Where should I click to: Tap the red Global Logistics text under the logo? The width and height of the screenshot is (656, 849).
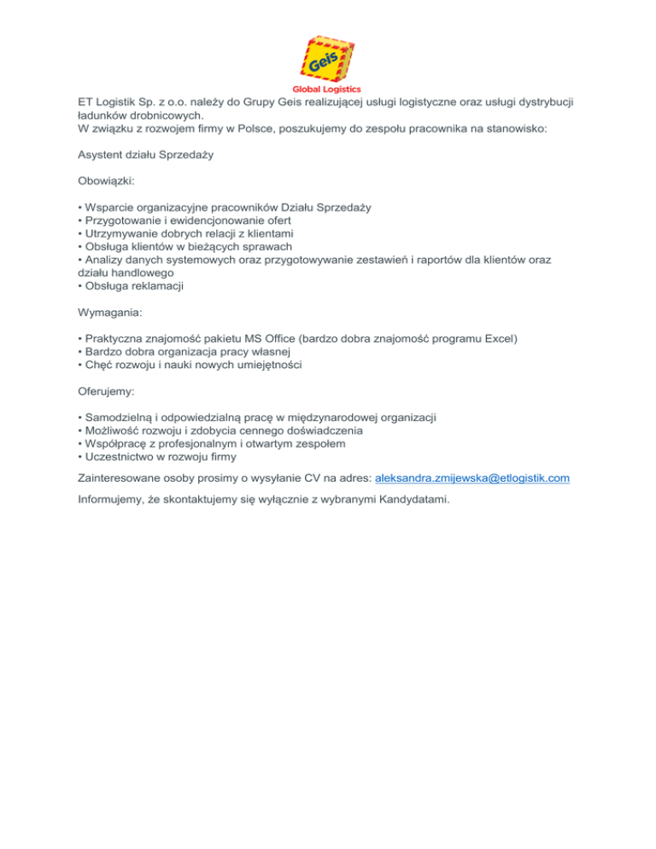click(x=327, y=89)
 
